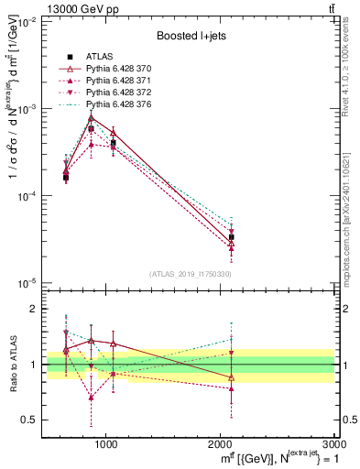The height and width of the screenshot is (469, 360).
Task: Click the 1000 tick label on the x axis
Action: click(106, 443)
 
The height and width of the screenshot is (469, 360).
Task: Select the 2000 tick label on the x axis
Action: click(220, 443)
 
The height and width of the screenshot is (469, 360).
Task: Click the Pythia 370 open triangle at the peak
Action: click(91, 117)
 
